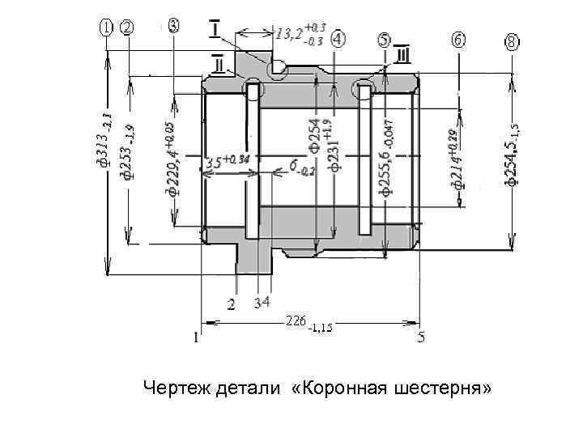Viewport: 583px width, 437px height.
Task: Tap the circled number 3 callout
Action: tap(175, 24)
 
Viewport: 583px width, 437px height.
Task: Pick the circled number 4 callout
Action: tap(338, 39)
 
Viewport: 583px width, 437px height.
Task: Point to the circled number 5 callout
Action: tap(384, 40)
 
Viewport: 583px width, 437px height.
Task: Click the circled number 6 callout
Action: tap(458, 40)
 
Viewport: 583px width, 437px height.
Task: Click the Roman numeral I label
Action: tap(218, 30)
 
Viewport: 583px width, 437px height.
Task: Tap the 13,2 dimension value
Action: tap(289, 35)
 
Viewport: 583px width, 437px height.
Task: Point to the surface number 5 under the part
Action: tap(421, 337)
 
